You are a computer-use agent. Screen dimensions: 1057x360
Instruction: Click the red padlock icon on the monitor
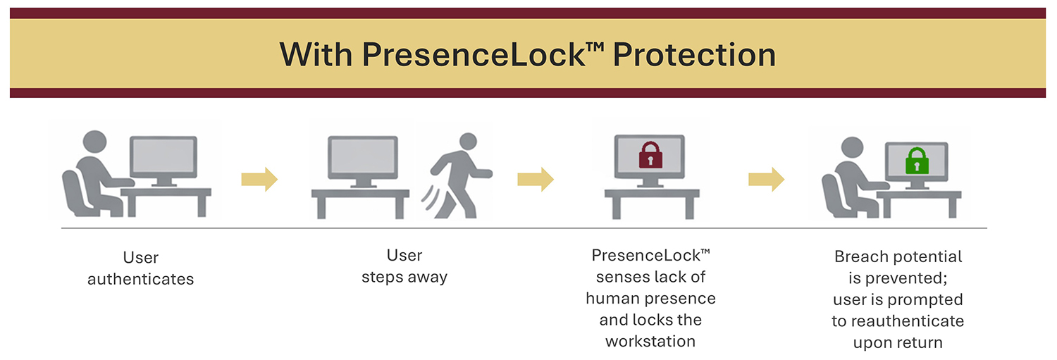pyautogui.click(x=650, y=155)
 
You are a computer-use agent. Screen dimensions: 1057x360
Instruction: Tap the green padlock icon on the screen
pyautogui.click(x=917, y=161)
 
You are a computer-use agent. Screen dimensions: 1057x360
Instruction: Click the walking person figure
pyautogui.click(x=461, y=175)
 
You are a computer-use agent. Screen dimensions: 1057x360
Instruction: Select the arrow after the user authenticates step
pyautogui.click(x=259, y=179)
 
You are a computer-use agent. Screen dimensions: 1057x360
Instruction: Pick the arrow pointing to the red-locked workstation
pyautogui.click(x=536, y=179)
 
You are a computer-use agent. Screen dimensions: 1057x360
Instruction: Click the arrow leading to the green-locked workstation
pyautogui.click(x=767, y=179)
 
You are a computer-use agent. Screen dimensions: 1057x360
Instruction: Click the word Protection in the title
pyautogui.click(x=694, y=55)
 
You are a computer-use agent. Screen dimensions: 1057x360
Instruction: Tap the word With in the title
pyautogui.click(x=316, y=54)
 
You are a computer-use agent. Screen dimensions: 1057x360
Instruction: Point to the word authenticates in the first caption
pyautogui.click(x=141, y=279)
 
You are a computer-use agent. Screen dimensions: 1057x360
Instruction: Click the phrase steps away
pyautogui.click(x=404, y=277)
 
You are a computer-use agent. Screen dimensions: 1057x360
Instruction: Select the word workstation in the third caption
pyautogui.click(x=650, y=341)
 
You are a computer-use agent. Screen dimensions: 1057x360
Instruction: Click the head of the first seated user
pyautogui.click(x=95, y=142)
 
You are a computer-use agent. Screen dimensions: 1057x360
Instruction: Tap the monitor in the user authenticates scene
pyautogui.click(x=163, y=161)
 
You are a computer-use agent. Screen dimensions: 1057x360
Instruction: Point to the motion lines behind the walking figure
pyautogui.click(x=431, y=198)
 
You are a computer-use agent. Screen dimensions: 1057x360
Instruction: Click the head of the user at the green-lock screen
pyautogui.click(x=852, y=148)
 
